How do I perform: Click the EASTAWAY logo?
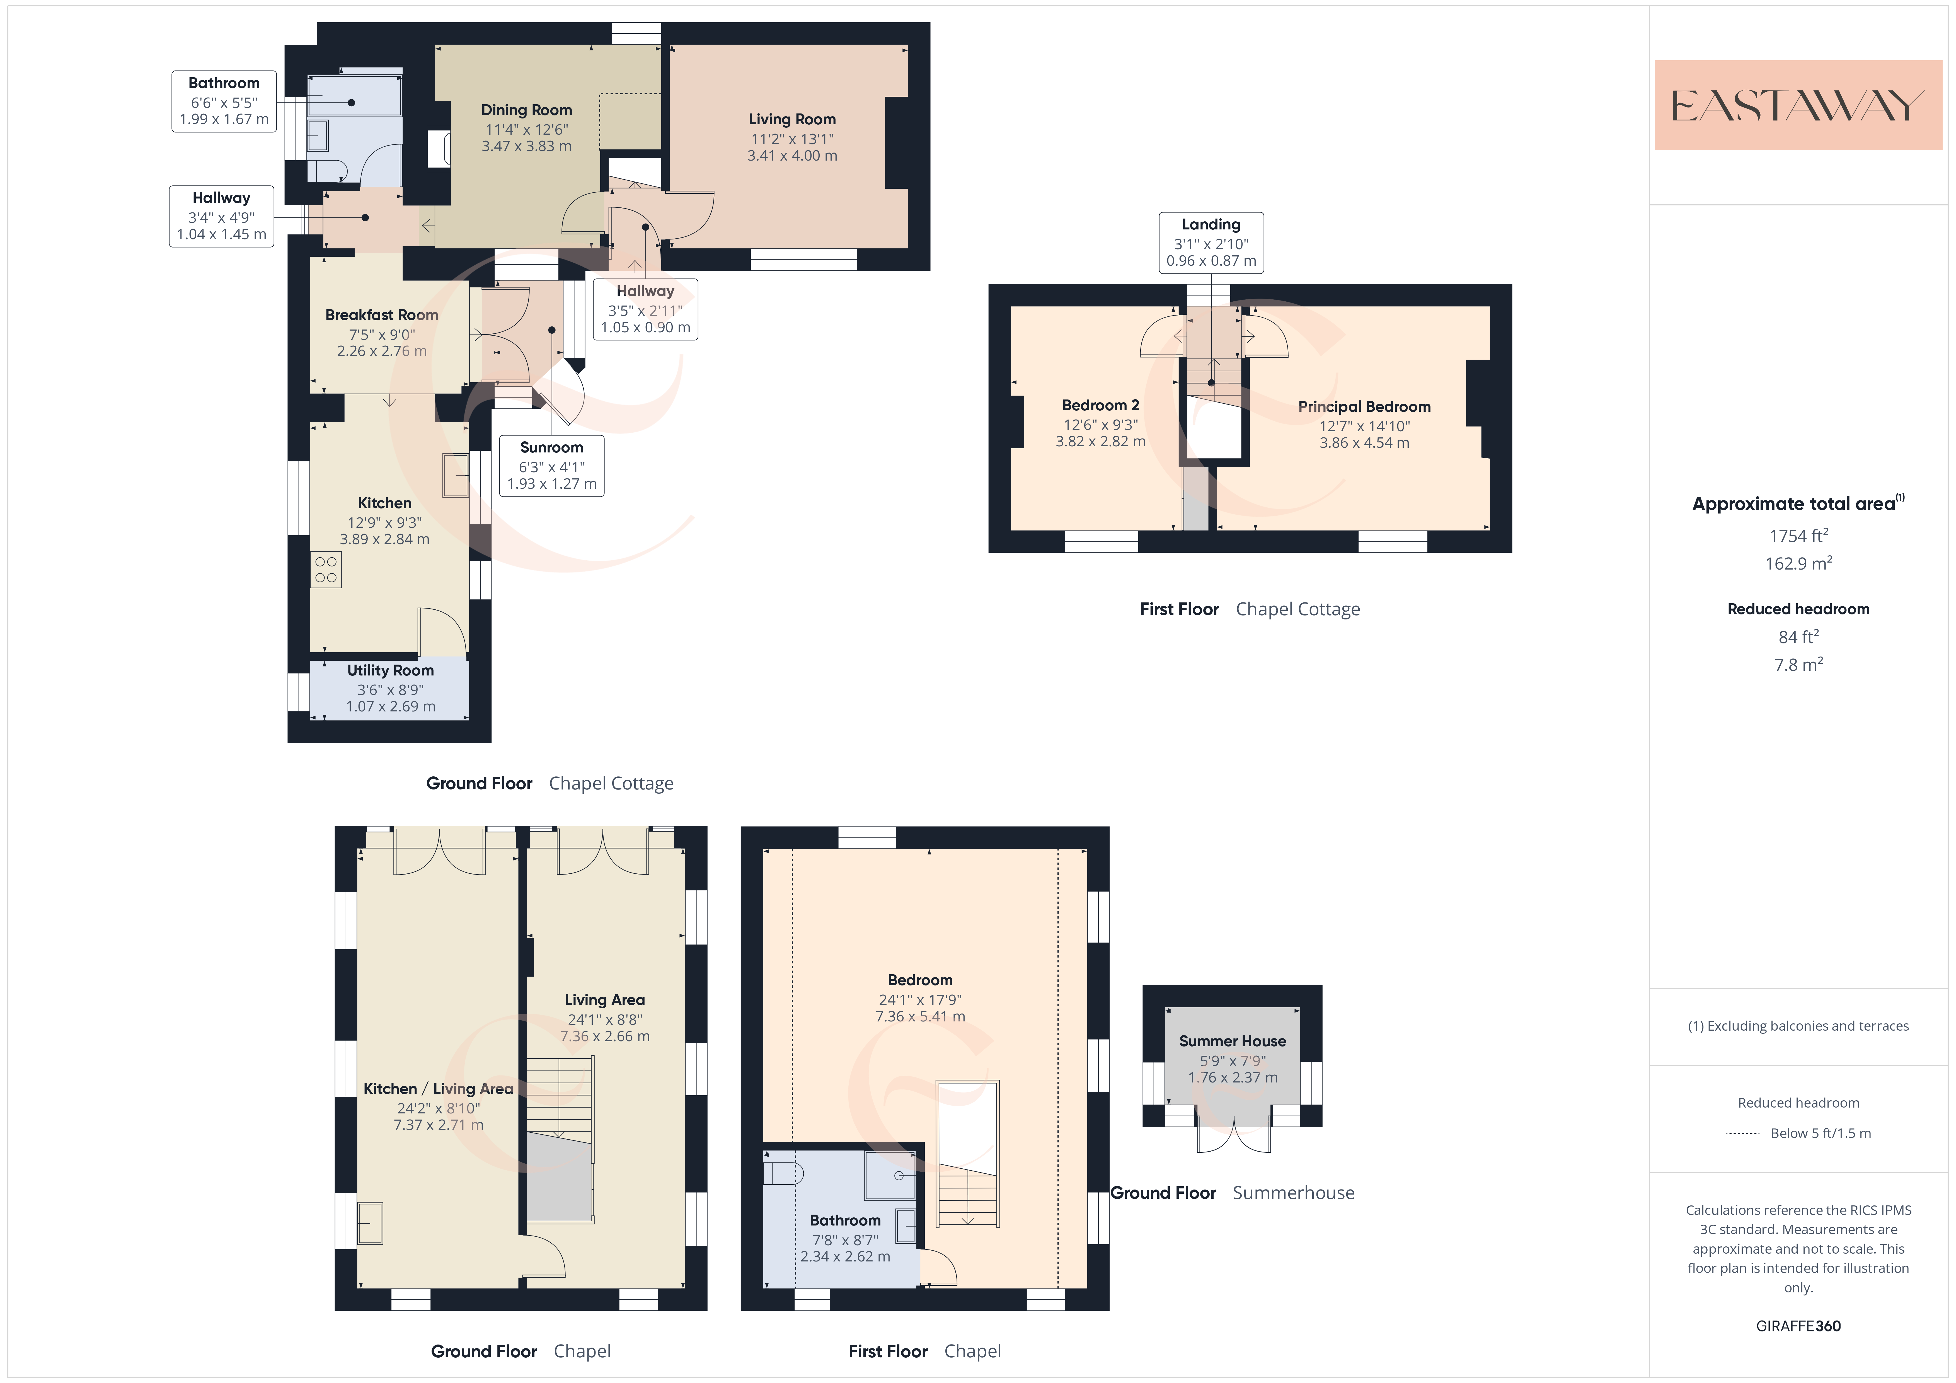click(x=1798, y=106)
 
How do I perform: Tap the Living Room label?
click(x=792, y=119)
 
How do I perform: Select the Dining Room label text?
click(x=526, y=110)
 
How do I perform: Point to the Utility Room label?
click(x=390, y=671)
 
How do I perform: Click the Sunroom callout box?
click(x=552, y=465)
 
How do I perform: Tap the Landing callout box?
click(x=1211, y=243)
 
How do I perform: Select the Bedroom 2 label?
click(x=1101, y=406)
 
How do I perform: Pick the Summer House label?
click(x=1233, y=1041)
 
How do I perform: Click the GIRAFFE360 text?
click(x=1798, y=1326)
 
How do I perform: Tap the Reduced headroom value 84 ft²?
click(x=1798, y=636)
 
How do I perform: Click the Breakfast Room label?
click(x=382, y=315)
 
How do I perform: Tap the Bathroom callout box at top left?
click(x=224, y=101)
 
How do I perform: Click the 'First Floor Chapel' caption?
click(x=925, y=1351)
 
